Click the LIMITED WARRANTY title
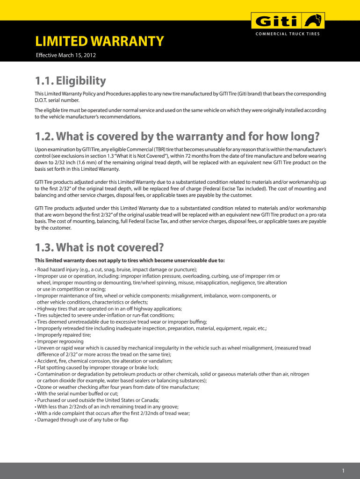click(100, 42)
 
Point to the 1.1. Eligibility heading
click(71, 81)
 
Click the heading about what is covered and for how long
click(177, 137)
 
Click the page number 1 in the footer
click(343, 470)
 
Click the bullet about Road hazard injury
click(116, 269)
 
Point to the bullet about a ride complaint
click(112, 414)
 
